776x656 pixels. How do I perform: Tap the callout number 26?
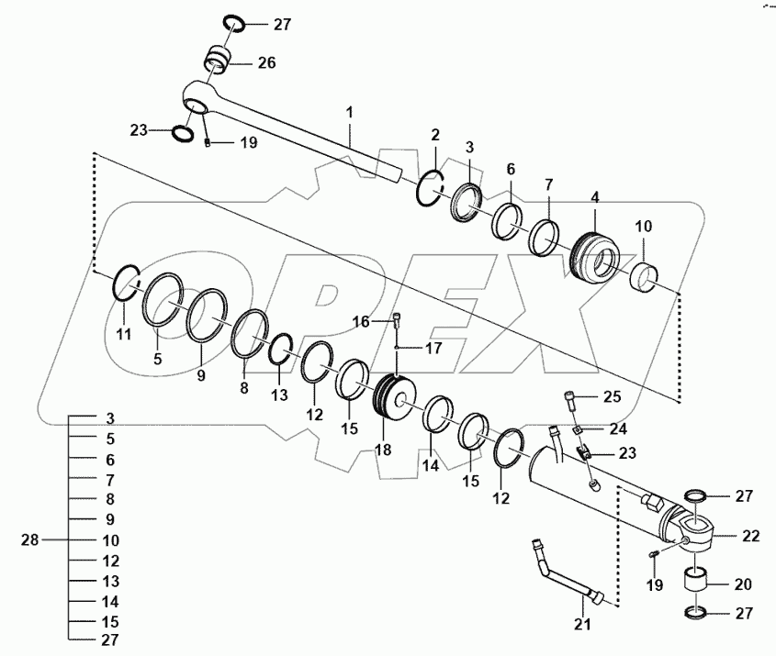265,63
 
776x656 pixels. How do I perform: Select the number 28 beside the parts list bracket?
31,539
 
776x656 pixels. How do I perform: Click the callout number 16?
361,322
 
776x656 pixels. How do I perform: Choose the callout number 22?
749,535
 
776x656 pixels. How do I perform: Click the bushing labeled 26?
216,62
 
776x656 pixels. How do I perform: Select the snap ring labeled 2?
430,189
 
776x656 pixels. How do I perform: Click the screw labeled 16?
397,320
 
